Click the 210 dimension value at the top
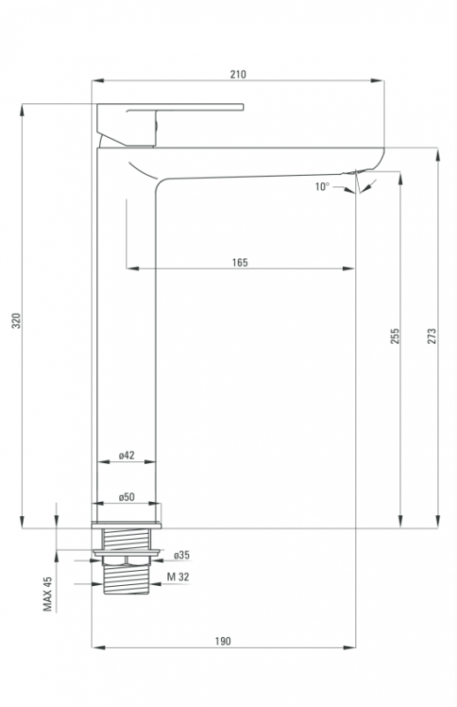click(x=238, y=74)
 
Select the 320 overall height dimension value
click(x=16, y=320)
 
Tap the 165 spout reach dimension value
click(x=240, y=262)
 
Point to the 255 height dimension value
click(x=395, y=336)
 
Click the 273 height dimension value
click(x=431, y=336)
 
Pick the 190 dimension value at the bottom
click(x=223, y=641)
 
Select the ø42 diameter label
click(x=126, y=455)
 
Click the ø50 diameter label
click(x=126, y=497)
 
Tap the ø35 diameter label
click(x=182, y=555)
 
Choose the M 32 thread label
click(x=179, y=577)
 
